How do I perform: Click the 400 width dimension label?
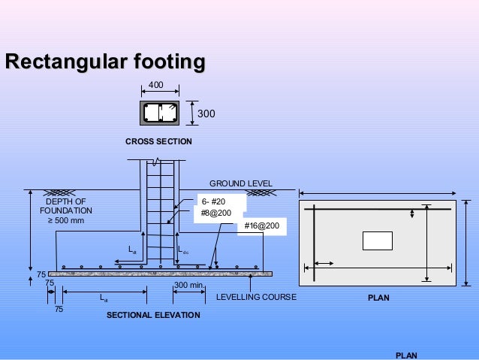click(x=155, y=86)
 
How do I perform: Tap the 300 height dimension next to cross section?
click(x=206, y=114)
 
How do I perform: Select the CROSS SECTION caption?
click(x=158, y=141)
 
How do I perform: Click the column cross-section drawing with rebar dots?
click(x=159, y=113)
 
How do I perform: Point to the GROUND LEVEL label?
click(x=240, y=183)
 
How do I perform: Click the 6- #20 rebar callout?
click(x=214, y=201)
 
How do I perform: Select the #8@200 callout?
click(x=216, y=213)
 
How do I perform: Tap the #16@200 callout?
click(x=261, y=225)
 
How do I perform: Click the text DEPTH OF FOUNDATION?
click(x=66, y=206)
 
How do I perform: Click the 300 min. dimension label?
click(x=189, y=286)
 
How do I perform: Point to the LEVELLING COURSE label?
click(x=256, y=298)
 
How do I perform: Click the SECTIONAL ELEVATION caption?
click(x=153, y=315)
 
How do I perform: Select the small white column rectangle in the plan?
click(x=377, y=241)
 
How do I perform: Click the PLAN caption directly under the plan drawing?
click(x=378, y=298)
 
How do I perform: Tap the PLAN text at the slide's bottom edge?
click(x=406, y=355)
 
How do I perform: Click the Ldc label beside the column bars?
click(x=183, y=252)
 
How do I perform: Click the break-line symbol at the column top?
click(x=155, y=162)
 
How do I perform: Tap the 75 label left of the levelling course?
click(x=41, y=274)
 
